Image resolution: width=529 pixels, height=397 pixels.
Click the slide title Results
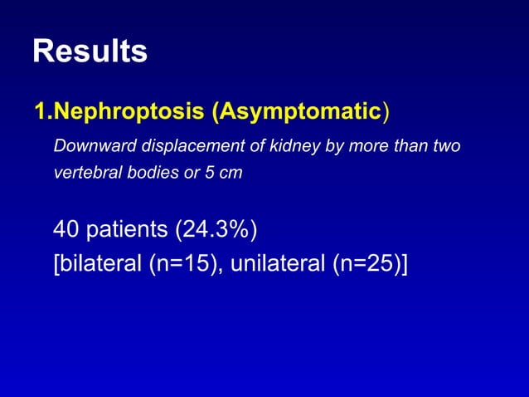point(90,51)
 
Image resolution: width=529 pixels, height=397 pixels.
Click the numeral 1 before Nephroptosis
point(39,110)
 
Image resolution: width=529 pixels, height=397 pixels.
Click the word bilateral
point(99,265)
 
